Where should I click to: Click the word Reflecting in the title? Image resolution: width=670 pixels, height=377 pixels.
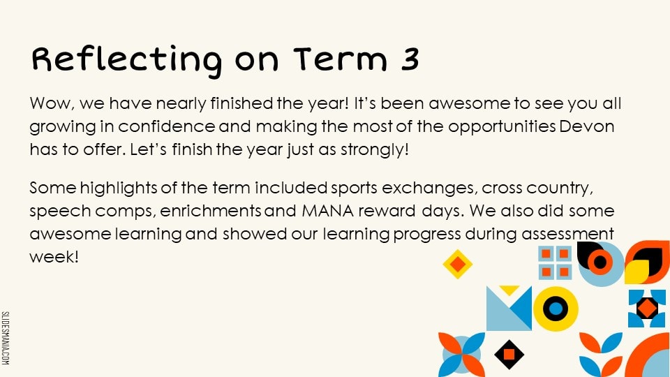127,60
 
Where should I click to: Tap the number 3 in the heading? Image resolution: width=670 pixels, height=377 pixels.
410,59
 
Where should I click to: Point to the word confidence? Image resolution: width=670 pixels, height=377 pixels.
167,126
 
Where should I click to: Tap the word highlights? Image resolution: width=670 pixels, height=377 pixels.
119,188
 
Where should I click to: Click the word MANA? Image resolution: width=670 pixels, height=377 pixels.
328,211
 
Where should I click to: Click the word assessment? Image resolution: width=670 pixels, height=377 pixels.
567,235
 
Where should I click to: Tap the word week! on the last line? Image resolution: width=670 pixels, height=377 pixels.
54,257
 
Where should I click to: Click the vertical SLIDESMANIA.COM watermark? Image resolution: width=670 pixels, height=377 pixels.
5,338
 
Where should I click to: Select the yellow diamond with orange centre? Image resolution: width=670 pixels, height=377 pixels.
458,264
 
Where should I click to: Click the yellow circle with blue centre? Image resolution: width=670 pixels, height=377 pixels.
556,309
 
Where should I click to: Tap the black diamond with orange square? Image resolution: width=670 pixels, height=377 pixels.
509,355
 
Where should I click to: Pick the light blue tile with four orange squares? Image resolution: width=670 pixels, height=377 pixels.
555,263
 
